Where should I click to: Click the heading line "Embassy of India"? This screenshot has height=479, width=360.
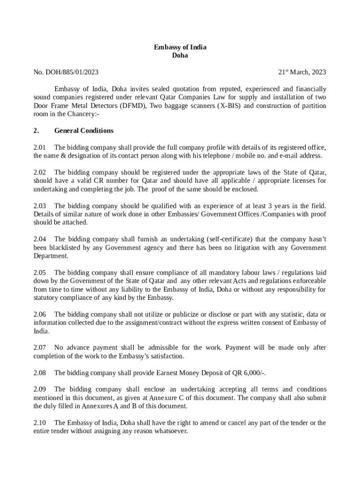click(180, 47)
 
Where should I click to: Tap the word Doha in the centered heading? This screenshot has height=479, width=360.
click(180, 55)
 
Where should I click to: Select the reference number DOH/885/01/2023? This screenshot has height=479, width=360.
click(72, 72)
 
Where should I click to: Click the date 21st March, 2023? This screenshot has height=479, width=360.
click(302, 72)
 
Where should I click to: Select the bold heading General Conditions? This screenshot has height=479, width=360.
click(84, 131)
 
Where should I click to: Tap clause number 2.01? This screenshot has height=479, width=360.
click(40, 147)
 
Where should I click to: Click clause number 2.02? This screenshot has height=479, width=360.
click(40, 173)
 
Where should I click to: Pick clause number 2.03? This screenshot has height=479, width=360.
click(40, 206)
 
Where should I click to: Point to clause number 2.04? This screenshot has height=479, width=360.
click(40, 239)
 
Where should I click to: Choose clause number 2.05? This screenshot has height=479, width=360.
click(40, 273)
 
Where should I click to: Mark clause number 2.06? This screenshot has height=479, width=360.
click(40, 314)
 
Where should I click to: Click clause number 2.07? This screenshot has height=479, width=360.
click(40, 348)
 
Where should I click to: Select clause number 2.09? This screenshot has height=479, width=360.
click(40, 389)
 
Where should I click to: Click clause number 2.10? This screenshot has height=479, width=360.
click(40, 423)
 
